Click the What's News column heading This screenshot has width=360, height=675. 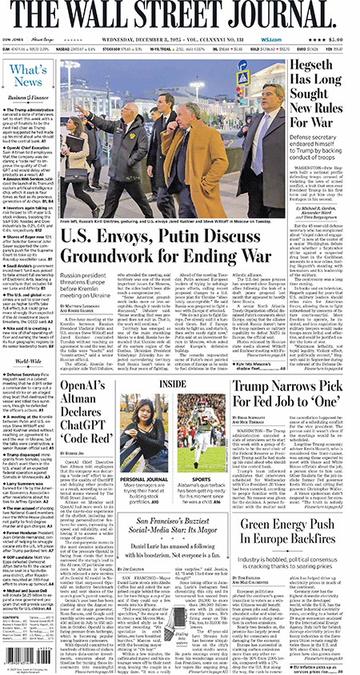coord(28,75)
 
